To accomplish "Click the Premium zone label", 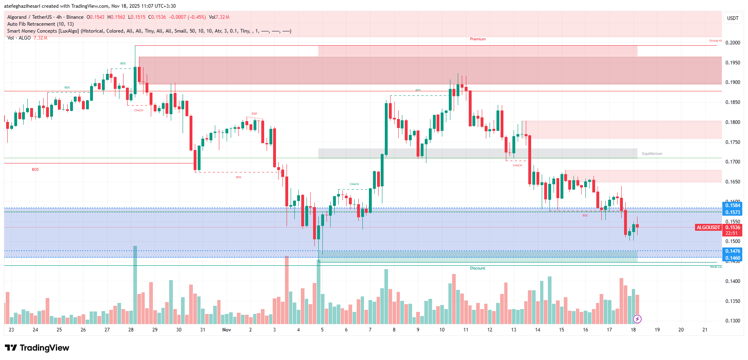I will (478, 39).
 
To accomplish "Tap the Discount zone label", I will (477, 268).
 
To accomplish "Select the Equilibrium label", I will (652, 154).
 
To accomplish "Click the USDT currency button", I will (733, 18).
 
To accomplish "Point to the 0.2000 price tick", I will (733, 43).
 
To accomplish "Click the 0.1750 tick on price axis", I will (733, 142).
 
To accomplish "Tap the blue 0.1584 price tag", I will (733, 205).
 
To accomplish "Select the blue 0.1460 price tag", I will (733, 258).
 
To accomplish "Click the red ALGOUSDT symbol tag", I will (708, 227).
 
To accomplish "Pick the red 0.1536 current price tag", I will (733, 227).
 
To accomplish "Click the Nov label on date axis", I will (227, 330).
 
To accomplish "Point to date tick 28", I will (131, 330).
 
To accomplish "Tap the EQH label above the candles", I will (254, 114).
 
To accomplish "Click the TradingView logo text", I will (44, 348).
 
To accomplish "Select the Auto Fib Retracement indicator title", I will (40, 24).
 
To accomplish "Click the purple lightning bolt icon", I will (637, 319).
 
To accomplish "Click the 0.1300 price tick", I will (733, 321).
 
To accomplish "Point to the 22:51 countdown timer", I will (732, 233).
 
